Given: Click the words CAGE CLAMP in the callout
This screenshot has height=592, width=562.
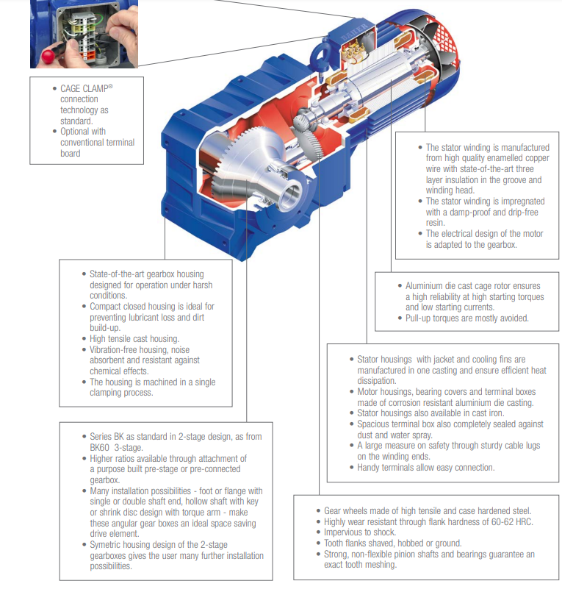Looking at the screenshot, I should coord(84,88).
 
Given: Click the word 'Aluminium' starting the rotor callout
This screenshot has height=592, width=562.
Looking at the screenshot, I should coord(425,285).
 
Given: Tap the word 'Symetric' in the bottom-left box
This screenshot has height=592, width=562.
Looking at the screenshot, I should coord(108,545).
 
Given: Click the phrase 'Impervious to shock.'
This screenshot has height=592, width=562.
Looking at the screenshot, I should coord(360,532).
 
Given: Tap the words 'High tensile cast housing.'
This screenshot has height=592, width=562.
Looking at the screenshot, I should coord(134,339).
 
